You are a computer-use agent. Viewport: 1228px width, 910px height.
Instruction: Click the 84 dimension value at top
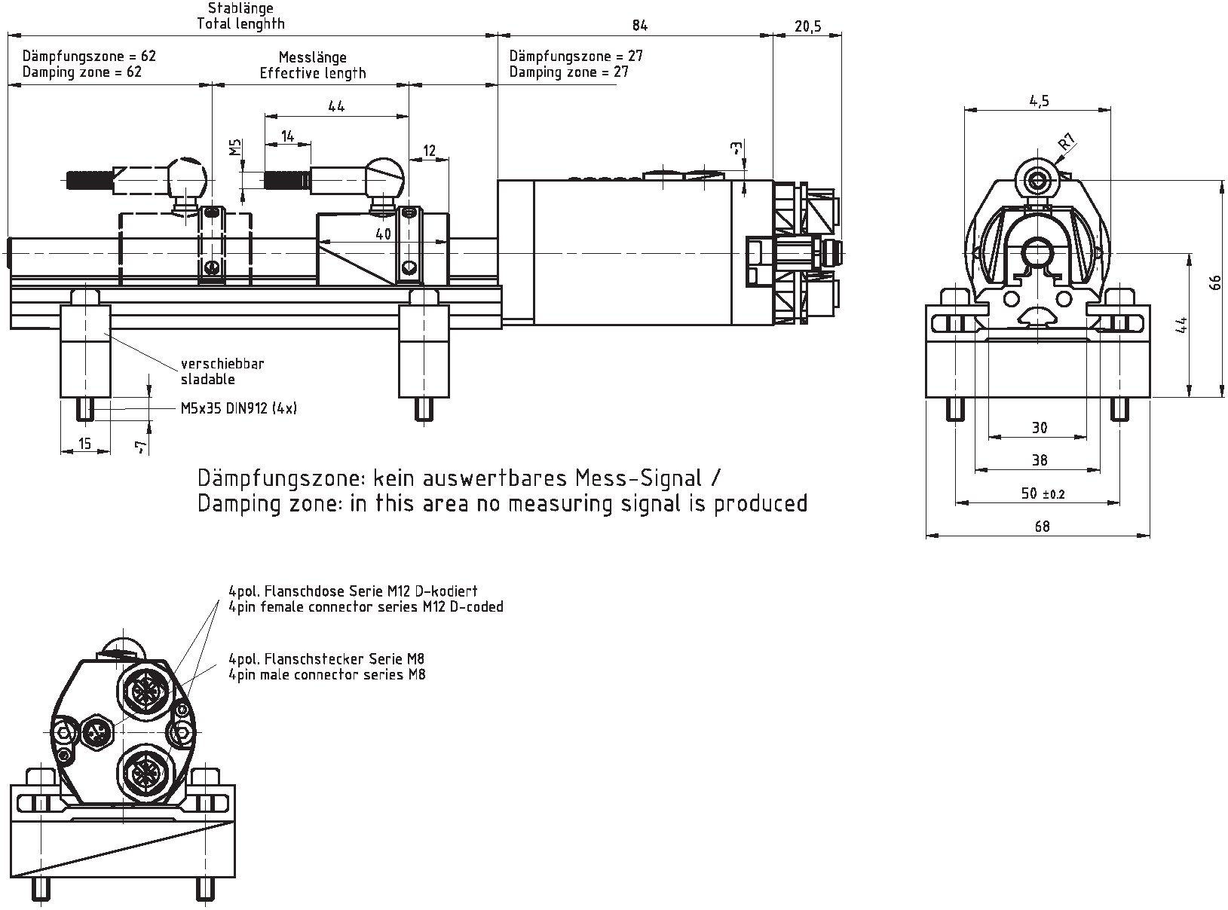click(639, 26)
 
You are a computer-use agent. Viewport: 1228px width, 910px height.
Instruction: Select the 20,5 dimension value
click(807, 26)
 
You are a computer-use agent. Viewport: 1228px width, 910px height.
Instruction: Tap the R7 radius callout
click(1066, 142)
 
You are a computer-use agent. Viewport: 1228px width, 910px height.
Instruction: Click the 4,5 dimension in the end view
click(1038, 101)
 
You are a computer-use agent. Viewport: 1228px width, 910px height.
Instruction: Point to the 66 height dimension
click(1214, 283)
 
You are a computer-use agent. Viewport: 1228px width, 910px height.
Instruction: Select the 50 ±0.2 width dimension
click(1041, 493)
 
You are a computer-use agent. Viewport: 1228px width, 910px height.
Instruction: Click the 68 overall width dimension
click(1041, 527)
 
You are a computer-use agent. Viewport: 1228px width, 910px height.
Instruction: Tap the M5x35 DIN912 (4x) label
click(239, 408)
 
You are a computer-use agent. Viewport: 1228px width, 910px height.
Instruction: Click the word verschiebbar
click(222, 364)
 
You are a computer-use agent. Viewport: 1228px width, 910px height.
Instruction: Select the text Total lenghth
click(240, 23)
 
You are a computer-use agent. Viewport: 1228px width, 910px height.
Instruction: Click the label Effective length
click(313, 73)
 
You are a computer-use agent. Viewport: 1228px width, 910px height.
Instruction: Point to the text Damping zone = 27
click(568, 72)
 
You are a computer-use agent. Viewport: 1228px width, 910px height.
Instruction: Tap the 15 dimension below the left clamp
click(84, 444)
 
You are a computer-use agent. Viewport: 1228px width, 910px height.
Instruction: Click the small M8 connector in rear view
click(96, 730)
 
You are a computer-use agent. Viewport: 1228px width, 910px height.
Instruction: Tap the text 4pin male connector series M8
click(326, 675)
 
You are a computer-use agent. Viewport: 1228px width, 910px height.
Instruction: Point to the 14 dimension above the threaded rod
click(286, 136)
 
